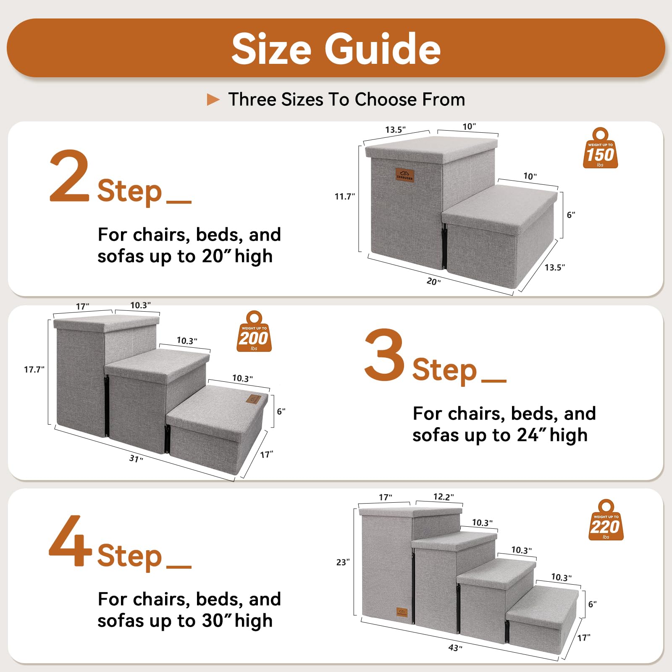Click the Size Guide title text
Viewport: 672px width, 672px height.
336,49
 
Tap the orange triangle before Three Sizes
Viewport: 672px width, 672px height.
213,100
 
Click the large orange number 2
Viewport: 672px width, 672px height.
69,176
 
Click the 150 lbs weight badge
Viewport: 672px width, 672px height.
600,150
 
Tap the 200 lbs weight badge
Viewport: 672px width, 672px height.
254,333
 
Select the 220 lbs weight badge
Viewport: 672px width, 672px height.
606,521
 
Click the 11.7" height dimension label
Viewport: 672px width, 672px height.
344,197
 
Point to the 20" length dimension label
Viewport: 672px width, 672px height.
433,281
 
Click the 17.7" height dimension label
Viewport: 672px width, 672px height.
34,370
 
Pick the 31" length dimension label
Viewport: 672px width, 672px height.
136,458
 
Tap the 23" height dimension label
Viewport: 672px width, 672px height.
343,562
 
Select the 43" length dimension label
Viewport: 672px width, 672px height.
455,648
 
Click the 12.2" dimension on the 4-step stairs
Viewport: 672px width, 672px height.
443,497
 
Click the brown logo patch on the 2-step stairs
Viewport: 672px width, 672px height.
405,175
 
